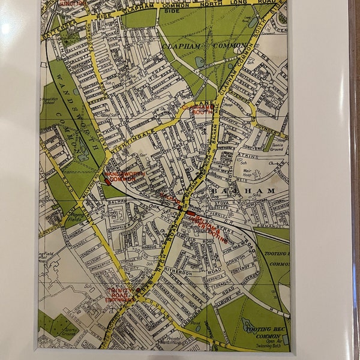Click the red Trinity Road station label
click(x=121, y=294)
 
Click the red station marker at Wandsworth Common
click(x=107, y=181)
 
